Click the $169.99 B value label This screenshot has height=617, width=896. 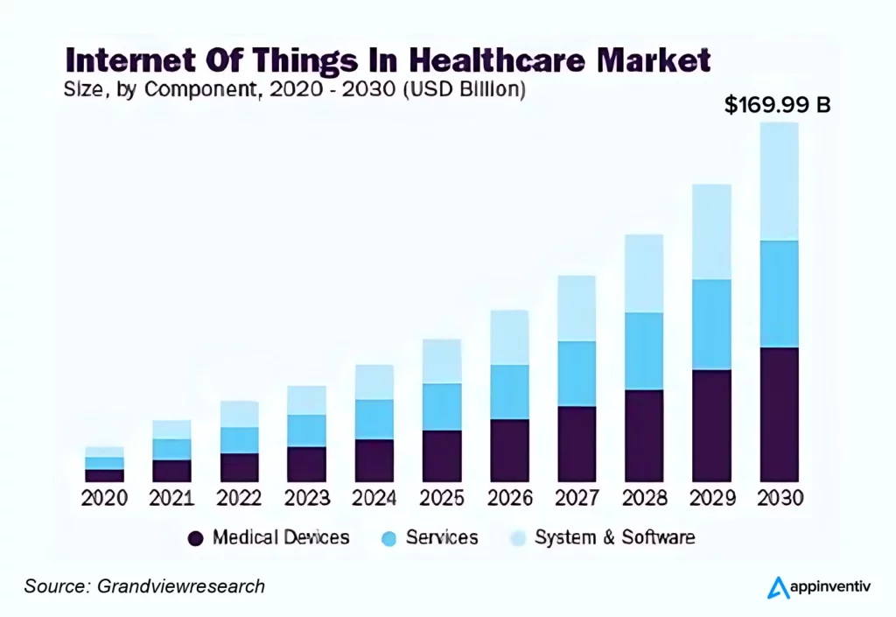(x=778, y=105)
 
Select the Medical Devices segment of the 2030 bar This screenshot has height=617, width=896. (x=779, y=415)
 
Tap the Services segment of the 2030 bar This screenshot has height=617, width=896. (x=779, y=294)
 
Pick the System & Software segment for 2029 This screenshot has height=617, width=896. (x=711, y=232)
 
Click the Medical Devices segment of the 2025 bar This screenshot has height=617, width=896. (x=441, y=456)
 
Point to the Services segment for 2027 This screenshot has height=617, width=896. (x=577, y=374)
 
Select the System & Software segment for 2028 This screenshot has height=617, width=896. (x=644, y=273)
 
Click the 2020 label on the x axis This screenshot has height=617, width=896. (x=104, y=498)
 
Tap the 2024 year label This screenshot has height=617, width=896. (x=374, y=498)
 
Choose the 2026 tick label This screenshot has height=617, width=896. (x=509, y=498)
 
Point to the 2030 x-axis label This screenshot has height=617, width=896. (x=779, y=498)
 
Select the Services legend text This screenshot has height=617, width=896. (x=442, y=537)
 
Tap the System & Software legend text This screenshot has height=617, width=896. (x=614, y=537)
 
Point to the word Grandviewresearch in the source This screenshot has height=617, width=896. (x=180, y=586)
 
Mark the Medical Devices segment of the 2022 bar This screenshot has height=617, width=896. (x=239, y=467)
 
